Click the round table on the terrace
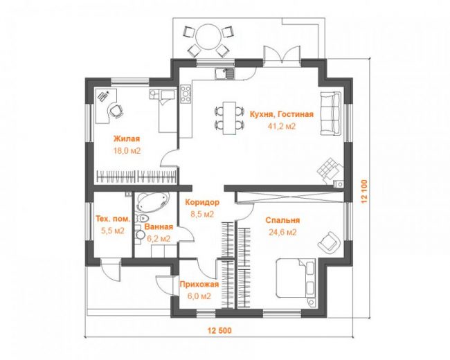(208, 37)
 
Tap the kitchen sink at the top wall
(224, 73)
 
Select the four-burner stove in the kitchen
(186, 93)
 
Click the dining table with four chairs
(230, 118)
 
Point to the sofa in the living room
(331, 114)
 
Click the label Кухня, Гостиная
(282, 114)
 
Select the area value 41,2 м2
(282, 126)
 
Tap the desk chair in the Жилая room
(116, 111)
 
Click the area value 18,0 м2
(127, 151)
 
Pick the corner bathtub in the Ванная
(153, 203)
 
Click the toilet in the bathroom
(141, 219)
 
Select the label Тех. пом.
(113, 219)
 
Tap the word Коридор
(202, 202)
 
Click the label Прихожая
(199, 285)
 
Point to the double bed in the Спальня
(296, 279)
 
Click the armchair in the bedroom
(329, 243)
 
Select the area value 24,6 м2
(282, 232)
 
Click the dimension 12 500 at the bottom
(219, 330)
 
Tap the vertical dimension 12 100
(364, 192)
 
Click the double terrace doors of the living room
(282, 55)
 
